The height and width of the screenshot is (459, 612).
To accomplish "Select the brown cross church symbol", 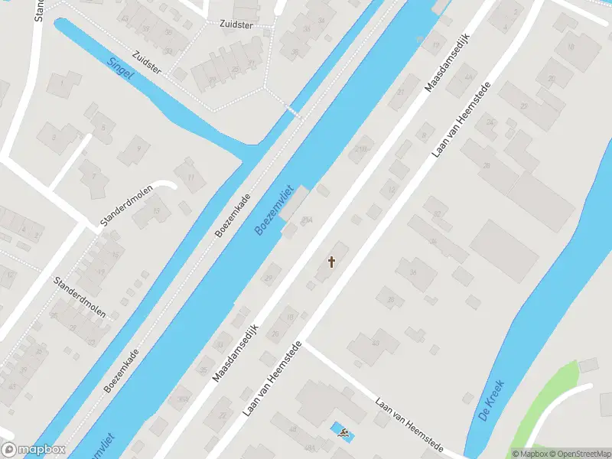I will point(332,262).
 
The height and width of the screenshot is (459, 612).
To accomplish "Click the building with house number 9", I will point(138,149).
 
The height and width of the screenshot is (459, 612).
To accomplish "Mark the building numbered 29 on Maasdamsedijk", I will point(269,276).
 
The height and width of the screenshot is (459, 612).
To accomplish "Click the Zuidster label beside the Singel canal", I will point(146,62).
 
